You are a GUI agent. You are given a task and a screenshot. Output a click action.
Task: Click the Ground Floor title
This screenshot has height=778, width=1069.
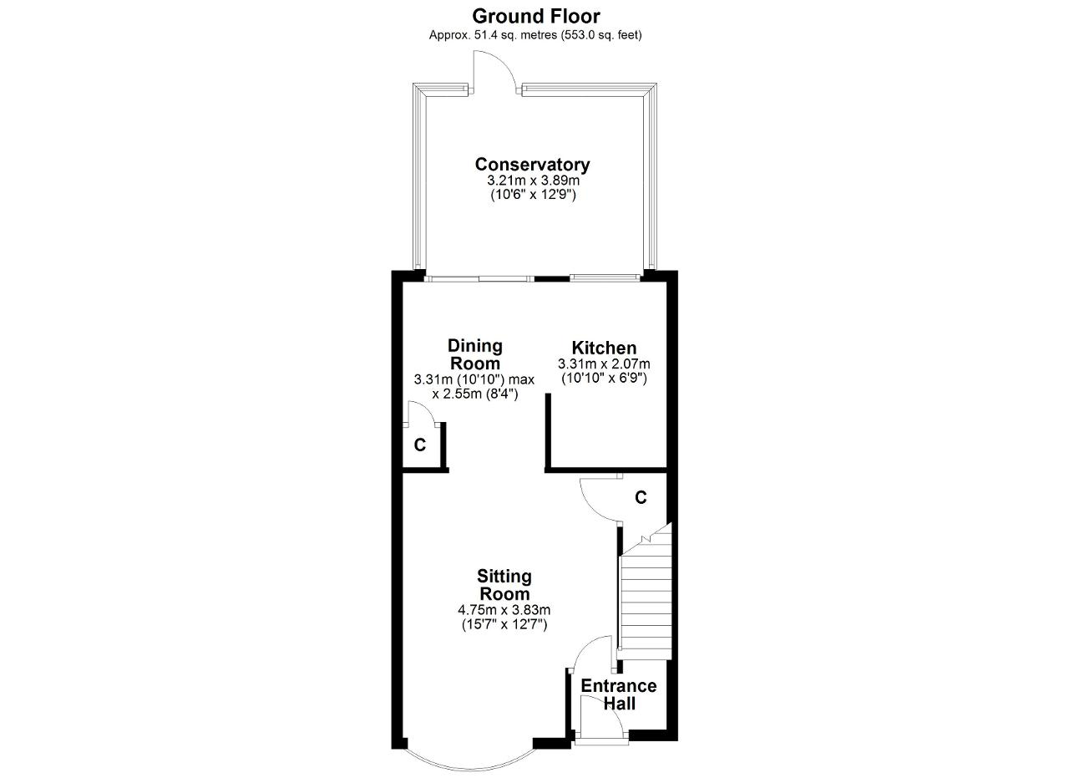535,17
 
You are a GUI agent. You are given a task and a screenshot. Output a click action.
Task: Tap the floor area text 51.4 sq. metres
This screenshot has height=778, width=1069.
515,35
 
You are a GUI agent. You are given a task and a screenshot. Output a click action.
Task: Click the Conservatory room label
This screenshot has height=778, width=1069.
532,165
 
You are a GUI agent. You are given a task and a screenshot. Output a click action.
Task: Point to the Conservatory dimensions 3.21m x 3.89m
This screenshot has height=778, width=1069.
533,181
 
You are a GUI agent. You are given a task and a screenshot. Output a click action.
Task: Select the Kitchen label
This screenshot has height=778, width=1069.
604,347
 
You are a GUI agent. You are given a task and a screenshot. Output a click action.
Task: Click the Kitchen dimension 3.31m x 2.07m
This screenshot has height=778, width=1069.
604,364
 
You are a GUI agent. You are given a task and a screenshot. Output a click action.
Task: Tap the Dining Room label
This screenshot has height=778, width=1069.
475,354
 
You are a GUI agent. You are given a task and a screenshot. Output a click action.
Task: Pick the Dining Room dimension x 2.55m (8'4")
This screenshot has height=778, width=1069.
475,394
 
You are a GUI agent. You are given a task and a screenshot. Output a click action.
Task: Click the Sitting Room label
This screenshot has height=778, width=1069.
504,585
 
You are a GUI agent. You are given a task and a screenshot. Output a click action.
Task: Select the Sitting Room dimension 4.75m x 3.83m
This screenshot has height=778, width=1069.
504,610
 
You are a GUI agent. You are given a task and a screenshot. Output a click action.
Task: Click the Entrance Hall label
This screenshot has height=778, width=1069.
619,694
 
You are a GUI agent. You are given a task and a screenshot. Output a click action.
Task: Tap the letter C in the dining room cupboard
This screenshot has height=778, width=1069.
419,445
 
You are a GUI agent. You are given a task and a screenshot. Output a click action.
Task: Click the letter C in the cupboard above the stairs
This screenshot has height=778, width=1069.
641,498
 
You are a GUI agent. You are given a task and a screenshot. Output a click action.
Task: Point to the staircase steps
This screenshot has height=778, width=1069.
646,593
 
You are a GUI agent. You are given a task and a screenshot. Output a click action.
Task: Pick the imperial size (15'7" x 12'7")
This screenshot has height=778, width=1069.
504,625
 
